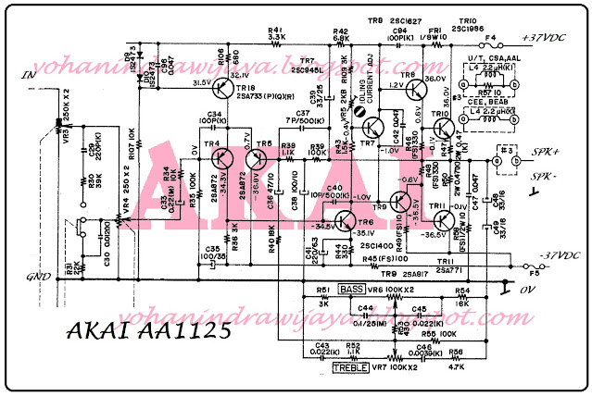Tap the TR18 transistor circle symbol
pyautogui.click(x=222, y=89)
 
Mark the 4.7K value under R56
pyautogui.click(x=455, y=366)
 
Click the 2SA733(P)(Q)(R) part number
pyautogui.click(x=258, y=97)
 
